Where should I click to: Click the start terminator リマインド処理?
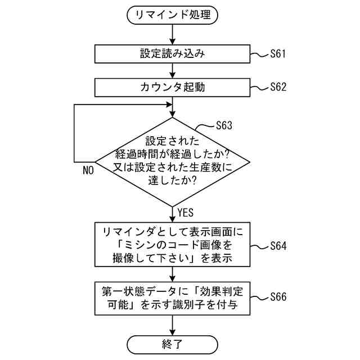[173, 15]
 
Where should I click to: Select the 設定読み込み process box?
[173, 54]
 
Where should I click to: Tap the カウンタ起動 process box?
[173, 87]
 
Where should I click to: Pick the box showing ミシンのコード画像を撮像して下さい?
[173, 246]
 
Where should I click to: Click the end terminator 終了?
[173, 344]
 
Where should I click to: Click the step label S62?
[278, 87]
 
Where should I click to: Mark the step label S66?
[278, 296]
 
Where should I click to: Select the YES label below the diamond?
[186, 213]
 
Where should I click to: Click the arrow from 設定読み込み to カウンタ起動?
[173, 71]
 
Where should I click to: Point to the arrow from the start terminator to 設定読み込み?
[173, 35]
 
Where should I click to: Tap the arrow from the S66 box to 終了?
[173, 325]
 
